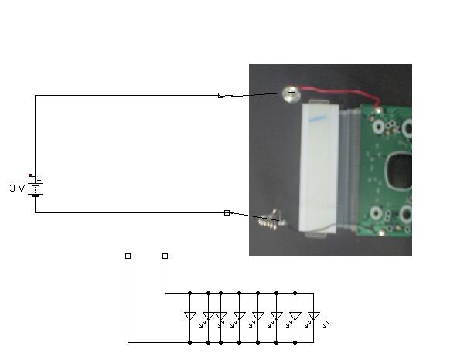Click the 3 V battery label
[x=17, y=188]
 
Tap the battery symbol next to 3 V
[x=35, y=187]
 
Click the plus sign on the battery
[x=39, y=181]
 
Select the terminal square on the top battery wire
[x=220, y=95]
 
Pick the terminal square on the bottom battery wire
[x=227, y=212]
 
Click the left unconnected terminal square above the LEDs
[x=128, y=256]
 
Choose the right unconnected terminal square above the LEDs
[x=165, y=256]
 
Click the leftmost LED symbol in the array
[x=189, y=317]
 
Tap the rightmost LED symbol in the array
[x=313, y=317]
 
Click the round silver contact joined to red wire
[x=291, y=93]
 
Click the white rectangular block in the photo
[x=319, y=168]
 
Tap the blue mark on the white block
[x=318, y=118]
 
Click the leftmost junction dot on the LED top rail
[x=189, y=293]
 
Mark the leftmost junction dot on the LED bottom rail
[x=189, y=342]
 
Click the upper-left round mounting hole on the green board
[x=379, y=127]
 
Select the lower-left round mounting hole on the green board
[x=377, y=213]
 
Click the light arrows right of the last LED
[x=326, y=324]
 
